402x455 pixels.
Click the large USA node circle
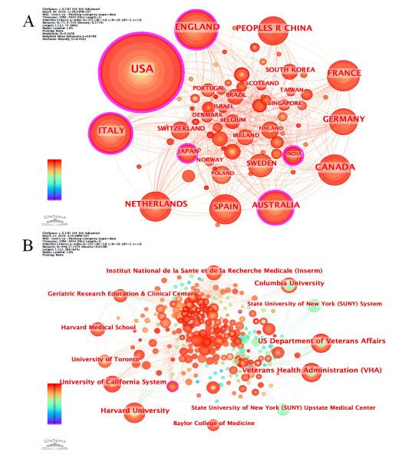pos(140,70)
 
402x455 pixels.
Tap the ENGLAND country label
pos(197,28)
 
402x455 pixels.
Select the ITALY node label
pos(111,131)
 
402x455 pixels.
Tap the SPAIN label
pos(226,208)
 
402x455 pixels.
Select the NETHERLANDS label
pos(156,204)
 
